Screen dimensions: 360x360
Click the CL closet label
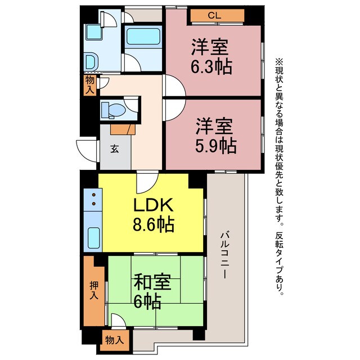tap(213, 16)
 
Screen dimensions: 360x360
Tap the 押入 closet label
tap(93, 291)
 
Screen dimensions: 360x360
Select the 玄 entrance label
tap(115, 149)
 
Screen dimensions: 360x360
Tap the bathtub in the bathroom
tap(143, 38)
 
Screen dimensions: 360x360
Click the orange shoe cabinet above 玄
tap(121, 129)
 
